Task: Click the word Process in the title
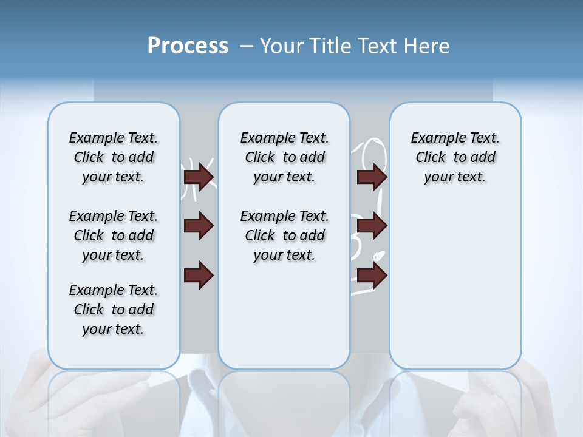coord(188,46)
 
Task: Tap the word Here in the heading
coord(426,46)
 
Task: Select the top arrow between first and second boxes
coord(199,177)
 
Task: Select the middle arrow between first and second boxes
coord(199,226)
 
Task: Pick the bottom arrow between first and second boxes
coord(199,276)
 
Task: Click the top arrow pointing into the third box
coord(372,177)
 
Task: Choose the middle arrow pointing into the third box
coord(372,226)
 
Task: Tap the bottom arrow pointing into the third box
coord(372,276)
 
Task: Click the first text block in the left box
coord(114,157)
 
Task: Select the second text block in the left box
coord(114,235)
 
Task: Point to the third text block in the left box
coord(114,310)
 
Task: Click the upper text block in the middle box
coord(284,157)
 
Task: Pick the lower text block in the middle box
coord(284,235)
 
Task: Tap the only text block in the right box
coord(455,157)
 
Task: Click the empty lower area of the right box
coord(455,285)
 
